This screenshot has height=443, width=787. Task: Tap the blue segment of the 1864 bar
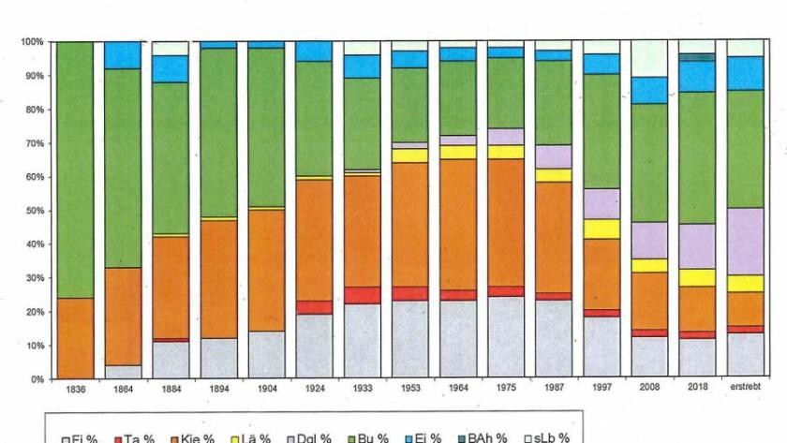[122, 55]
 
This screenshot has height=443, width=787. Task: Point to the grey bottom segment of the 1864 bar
[122, 371]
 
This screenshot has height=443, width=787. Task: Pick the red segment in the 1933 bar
[362, 295]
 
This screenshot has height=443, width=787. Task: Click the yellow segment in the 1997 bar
[601, 229]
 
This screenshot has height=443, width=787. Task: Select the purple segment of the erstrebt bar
[745, 241]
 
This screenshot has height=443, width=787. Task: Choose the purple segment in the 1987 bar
[554, 156]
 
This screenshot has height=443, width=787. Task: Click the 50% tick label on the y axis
[33, 211]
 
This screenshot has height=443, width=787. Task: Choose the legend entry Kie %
[193, 437]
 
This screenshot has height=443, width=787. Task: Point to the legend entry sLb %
[552, 437]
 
